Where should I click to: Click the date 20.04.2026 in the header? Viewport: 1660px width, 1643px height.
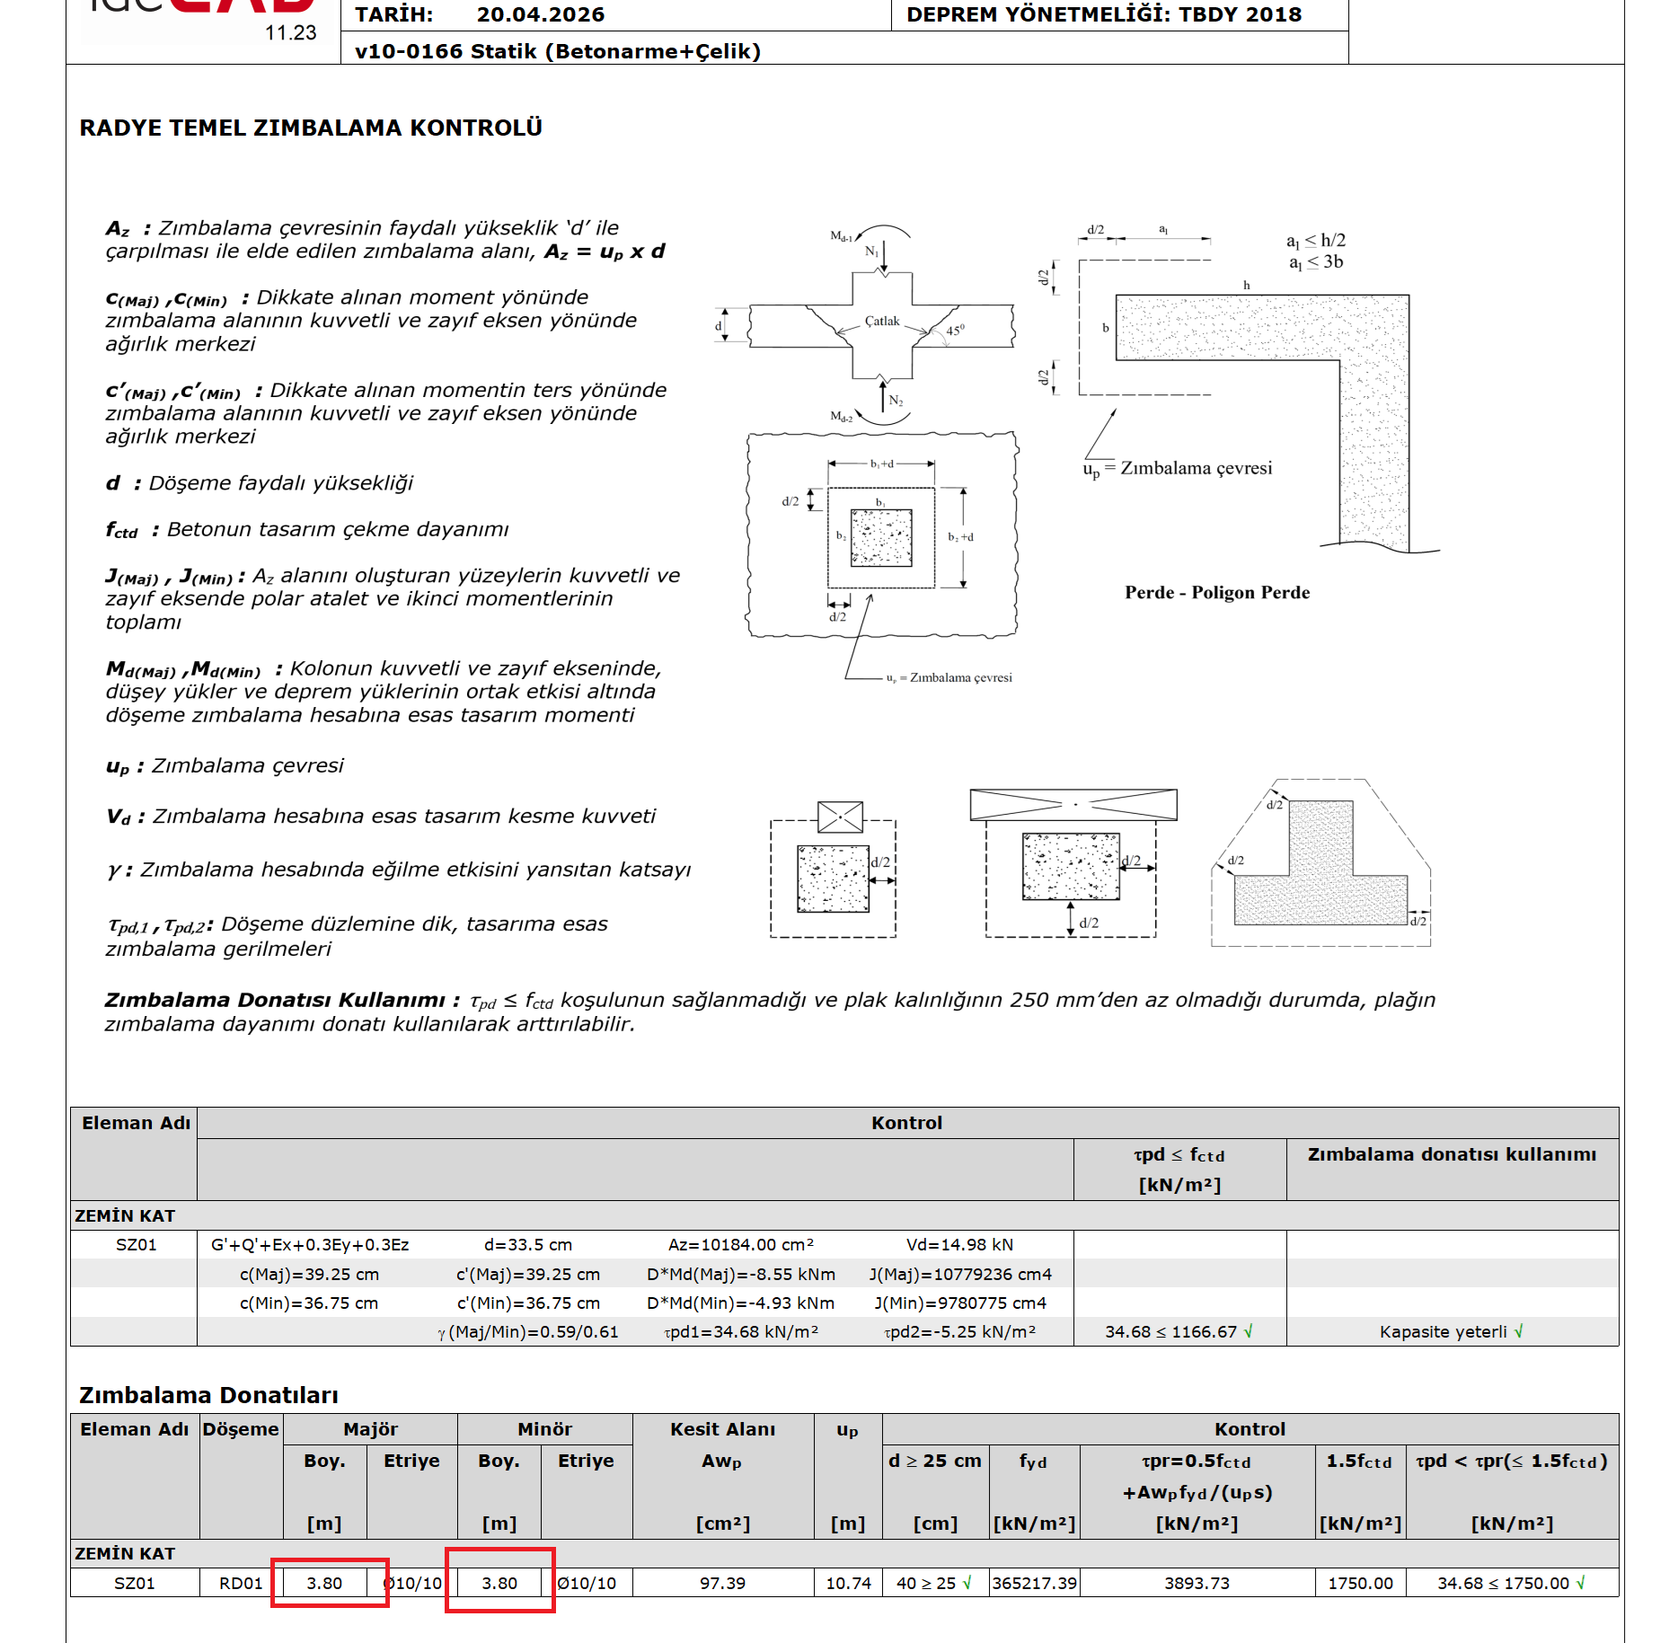pos(540,14)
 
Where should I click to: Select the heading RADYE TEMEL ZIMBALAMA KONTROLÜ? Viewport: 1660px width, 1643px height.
pos(311,128)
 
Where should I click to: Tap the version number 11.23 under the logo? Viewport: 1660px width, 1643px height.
pos(290,33)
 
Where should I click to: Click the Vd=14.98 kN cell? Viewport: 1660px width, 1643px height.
pos(959,1244)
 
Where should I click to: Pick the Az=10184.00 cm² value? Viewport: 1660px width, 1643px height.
pos(740,1244)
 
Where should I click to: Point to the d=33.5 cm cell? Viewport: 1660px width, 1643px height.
pos(527,1244)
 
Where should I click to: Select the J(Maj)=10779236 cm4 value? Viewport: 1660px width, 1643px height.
pos(959,1274)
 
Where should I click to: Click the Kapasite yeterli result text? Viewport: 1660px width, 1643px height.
pos(1443,1331)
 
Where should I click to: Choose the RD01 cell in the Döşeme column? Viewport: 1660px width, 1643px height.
pos(241,1583)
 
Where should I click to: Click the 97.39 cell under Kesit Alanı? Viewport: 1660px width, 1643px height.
pos(722,1583)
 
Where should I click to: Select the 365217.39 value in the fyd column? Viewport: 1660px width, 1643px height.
pos(1034,1583)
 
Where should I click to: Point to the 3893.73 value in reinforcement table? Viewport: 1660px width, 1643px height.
pos(1196,1583)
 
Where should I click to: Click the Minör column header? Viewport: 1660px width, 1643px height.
pos(544,1428)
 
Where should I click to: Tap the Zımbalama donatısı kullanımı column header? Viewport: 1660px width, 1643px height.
pos(1452,1154)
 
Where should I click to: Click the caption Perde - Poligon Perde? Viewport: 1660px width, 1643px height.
pos(1216,592)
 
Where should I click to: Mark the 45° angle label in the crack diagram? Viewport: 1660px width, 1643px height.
pos(954,331)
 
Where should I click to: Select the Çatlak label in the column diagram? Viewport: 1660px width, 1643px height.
pos(881,321)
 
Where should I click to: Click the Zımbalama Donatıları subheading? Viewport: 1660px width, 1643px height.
pos(208,1394)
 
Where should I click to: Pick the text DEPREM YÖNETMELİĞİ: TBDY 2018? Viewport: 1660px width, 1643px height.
pos(1103,14)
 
